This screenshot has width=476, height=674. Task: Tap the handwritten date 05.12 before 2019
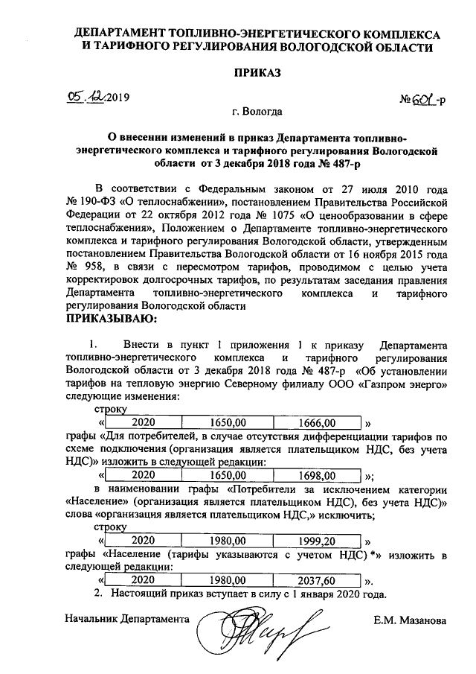[x=86, y=97]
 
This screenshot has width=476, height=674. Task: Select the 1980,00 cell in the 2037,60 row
[x=228, y=579]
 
